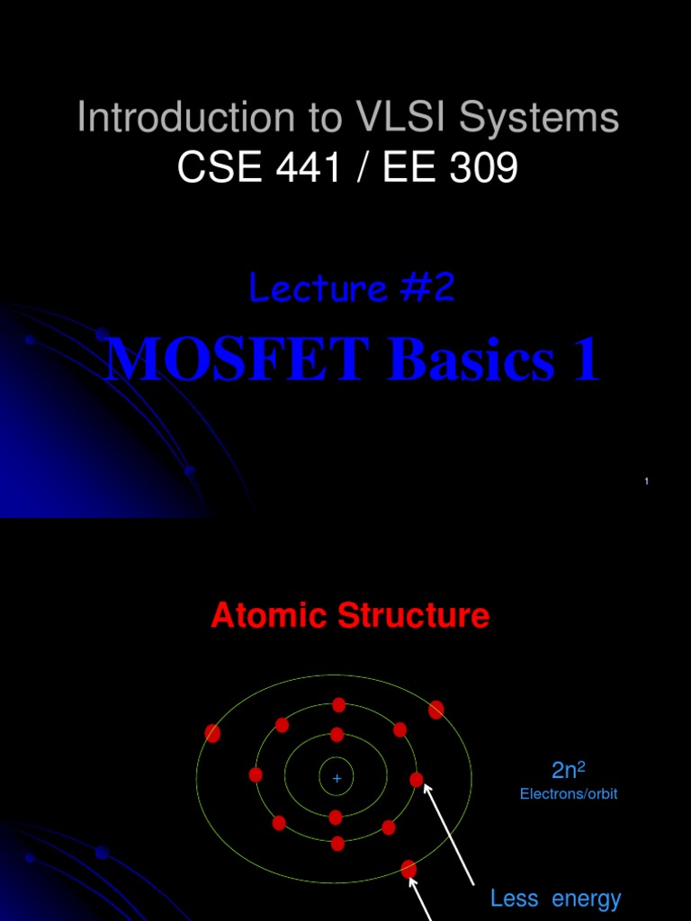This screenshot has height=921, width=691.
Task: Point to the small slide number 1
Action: click(x=647, y=483)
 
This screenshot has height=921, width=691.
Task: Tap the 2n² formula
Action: click(x=569, y=770)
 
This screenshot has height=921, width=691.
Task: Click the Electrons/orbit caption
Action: click(x=569, y=794)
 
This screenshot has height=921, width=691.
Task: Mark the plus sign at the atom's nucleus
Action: click(x=337, y=778)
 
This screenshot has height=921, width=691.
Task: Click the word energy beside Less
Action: click(x=587, y=898)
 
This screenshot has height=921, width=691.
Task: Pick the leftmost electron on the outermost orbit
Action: click(x=212, y=733)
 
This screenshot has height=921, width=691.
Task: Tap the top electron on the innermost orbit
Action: click(x=337, y=735)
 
